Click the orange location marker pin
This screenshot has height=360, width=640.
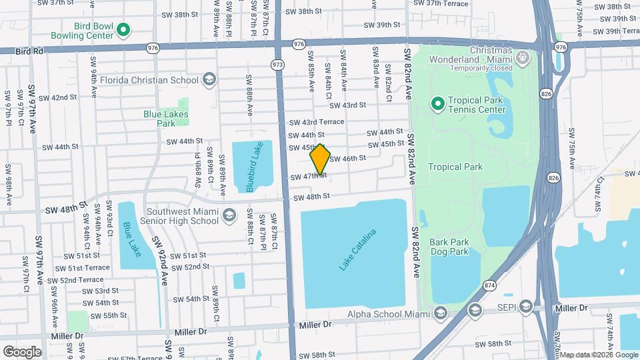tap(321, 159)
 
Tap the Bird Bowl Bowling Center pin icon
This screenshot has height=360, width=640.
tap(123, 30)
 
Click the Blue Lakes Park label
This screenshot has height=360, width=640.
tap(166, 119)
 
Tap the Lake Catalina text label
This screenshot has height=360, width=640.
tap(358, 249)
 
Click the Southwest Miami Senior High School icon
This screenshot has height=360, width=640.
tap(229, 215)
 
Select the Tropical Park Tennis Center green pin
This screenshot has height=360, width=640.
tap(438, 104)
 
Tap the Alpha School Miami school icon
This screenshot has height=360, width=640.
tap(440, 315)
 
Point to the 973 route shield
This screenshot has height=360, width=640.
tap(277, 65)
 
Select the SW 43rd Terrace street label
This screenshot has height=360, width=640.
tap(316, 122)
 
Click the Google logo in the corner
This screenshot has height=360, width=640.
tap(22, 351)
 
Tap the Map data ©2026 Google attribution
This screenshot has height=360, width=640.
tap(599, 355)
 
